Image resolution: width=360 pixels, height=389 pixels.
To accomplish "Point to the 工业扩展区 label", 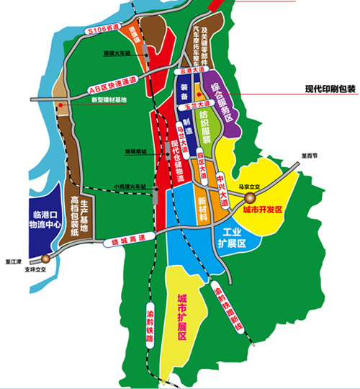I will click(x=235, y=238).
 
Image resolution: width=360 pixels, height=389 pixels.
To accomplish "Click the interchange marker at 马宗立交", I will click(x=249, y=197).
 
